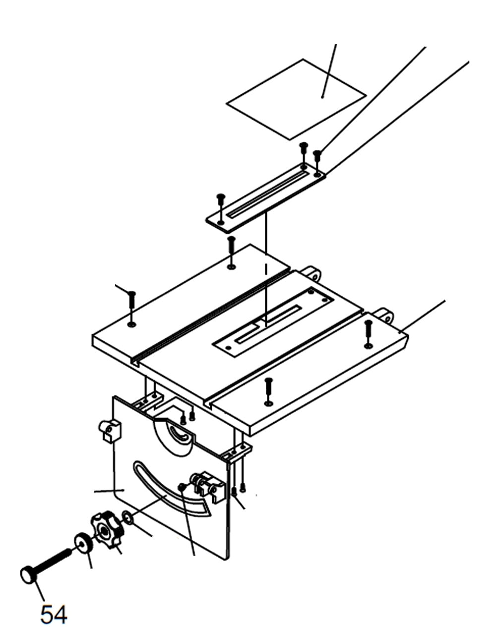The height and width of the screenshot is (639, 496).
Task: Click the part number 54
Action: click(x=54, y=615)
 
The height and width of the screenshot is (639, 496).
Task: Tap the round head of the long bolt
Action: click(x=28, y=575)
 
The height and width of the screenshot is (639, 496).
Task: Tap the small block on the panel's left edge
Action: click(x=110, y=430)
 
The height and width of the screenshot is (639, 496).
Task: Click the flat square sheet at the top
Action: click(x=296, y=99)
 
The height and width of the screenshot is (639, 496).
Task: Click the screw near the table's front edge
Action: click(x=268, y=388)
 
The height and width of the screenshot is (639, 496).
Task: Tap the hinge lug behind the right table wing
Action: click(x=384, y=315)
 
